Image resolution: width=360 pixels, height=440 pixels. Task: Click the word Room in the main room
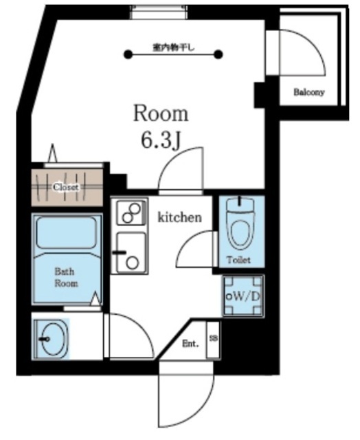(161, 113)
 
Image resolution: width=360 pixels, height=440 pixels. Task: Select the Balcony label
(308, 92)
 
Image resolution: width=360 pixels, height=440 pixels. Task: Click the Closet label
(66, 187)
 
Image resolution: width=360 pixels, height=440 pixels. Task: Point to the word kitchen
(180, 217)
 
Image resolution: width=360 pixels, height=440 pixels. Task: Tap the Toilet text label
(238, 260)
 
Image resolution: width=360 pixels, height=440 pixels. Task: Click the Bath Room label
(66, 277)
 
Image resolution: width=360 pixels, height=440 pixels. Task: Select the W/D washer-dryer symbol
(243, 296)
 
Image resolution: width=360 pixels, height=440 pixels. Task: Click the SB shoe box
(214, 339)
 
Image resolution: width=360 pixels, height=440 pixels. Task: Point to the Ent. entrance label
(190, 344)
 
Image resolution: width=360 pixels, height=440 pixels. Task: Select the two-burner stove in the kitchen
(131, 212)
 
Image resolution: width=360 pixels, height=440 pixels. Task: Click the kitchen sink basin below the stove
(131, 252)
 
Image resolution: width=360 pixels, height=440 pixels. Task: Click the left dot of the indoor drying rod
(128, 54)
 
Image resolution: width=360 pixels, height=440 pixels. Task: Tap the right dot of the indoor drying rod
(218, 54)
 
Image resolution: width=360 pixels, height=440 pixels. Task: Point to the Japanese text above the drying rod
(173, 47)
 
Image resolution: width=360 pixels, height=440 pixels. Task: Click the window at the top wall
(159, 12)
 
